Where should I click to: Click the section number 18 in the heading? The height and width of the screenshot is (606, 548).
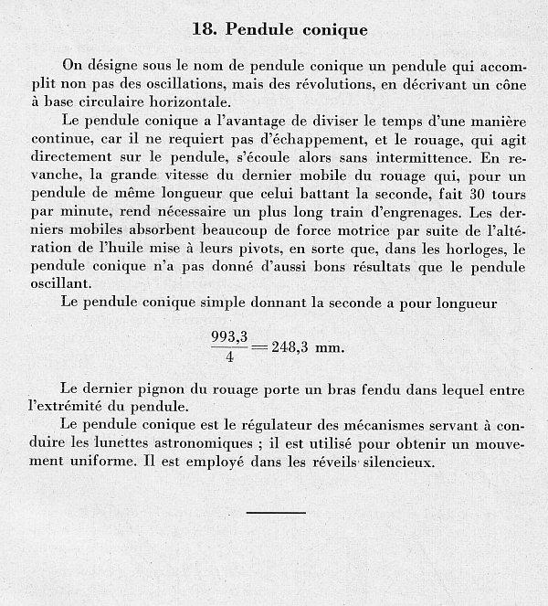pos(205,29)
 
